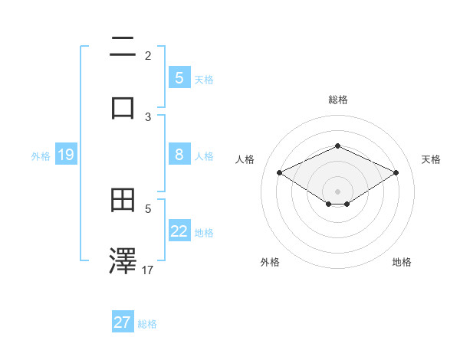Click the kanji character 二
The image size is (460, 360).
point(123,47)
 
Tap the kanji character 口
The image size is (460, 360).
point(123,106)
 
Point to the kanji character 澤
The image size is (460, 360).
point(123,260)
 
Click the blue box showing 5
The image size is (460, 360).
point(179,78)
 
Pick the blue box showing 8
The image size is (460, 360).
point(179,155)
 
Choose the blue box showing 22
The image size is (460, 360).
point(179,231)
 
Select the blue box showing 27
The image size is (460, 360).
point(123,322)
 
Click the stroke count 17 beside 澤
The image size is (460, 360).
point(149,270)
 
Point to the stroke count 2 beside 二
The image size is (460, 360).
point(148,56)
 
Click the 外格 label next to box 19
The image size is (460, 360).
point(41,156)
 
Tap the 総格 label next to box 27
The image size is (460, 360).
point(147,324)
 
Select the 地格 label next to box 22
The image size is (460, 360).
point(204,233)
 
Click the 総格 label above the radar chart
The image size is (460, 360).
point(337,100)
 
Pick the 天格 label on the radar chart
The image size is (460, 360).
point(431,159)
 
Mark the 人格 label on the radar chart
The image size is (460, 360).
point(245,159)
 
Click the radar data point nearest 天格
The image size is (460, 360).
point(396,172)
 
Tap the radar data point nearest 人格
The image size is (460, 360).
point(279,172)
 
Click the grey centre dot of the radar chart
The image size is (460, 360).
point(337,191)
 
